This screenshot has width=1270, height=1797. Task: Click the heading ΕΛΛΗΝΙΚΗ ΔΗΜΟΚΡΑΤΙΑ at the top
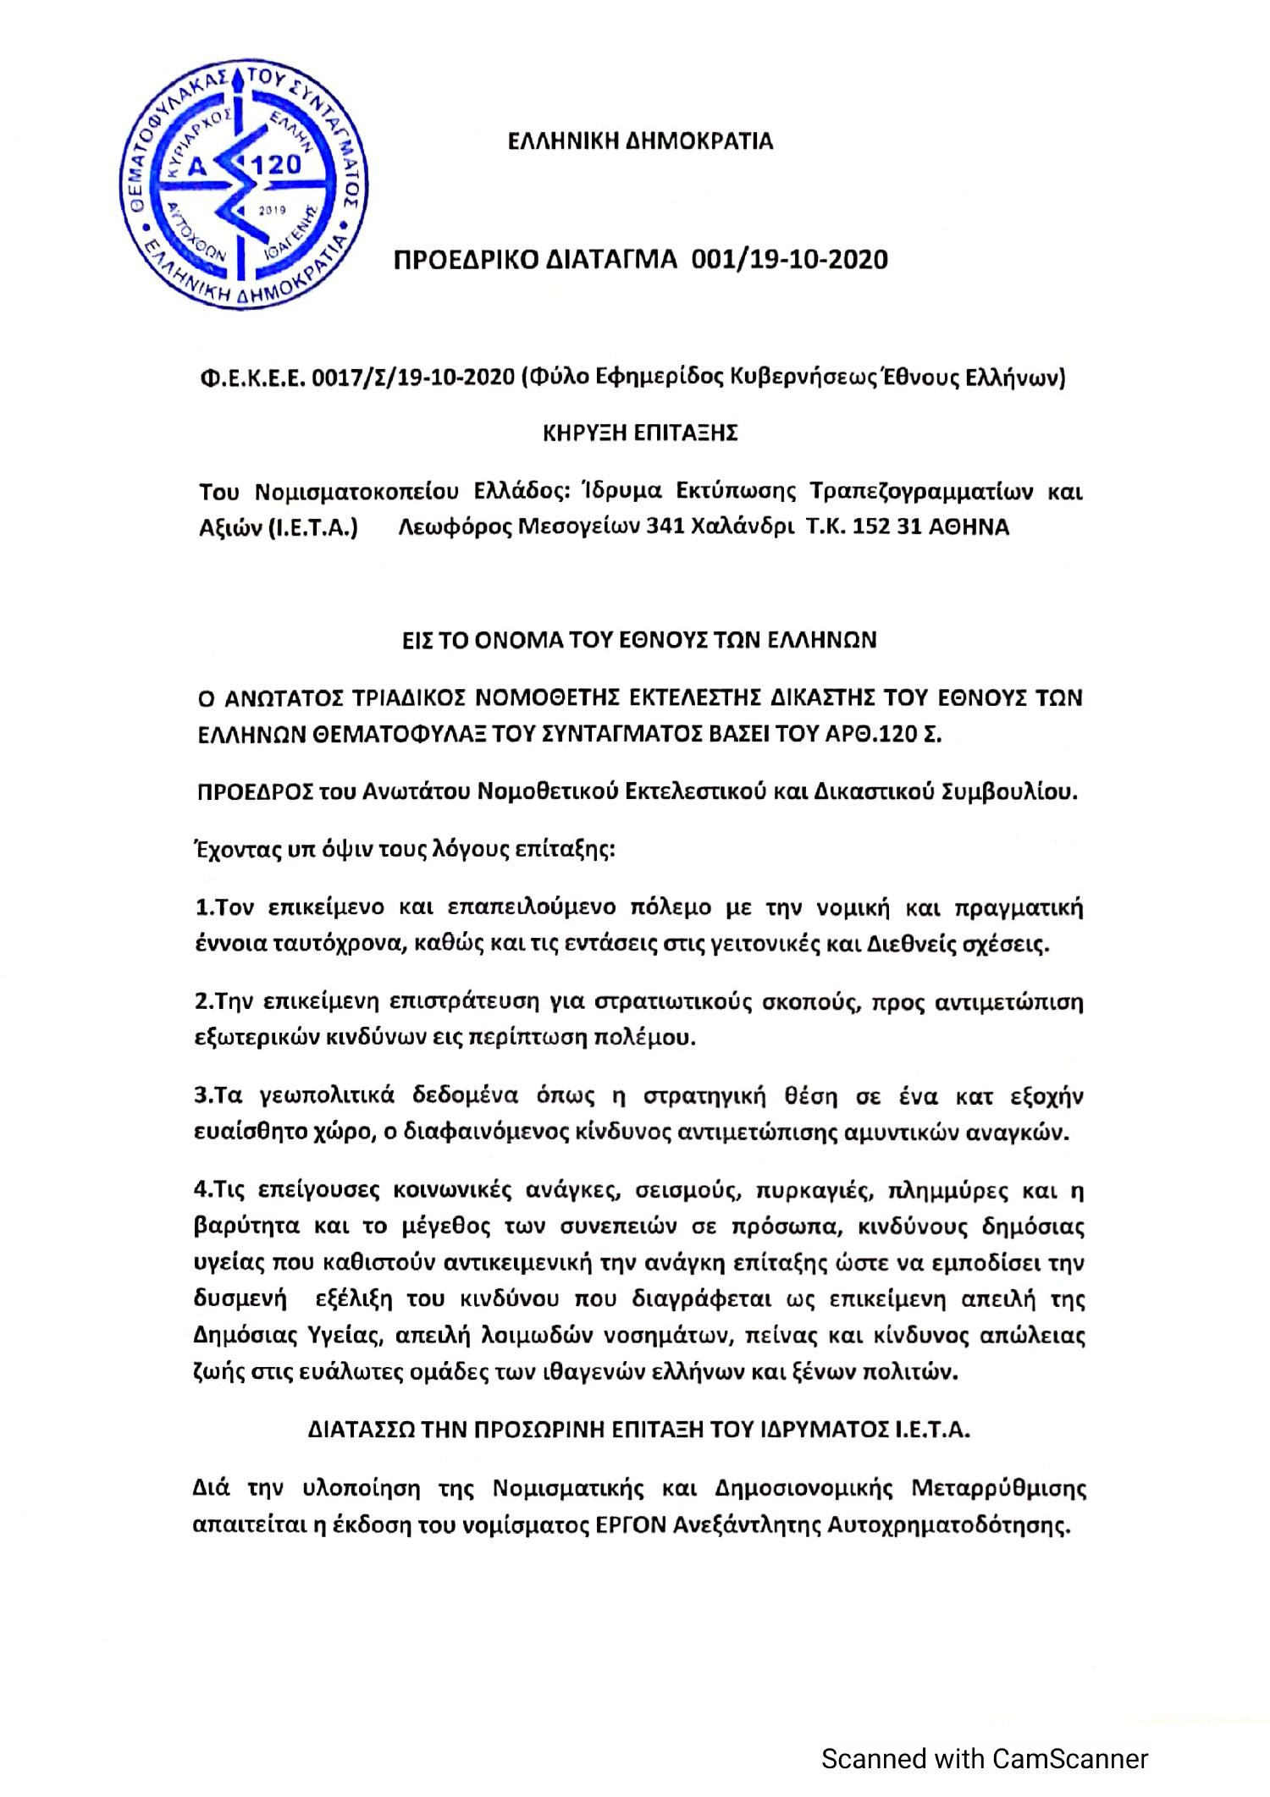pyautogui.click(x=640, y=141)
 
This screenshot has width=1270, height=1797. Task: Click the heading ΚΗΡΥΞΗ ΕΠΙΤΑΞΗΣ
pyautogui.click(x=640, y=433)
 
